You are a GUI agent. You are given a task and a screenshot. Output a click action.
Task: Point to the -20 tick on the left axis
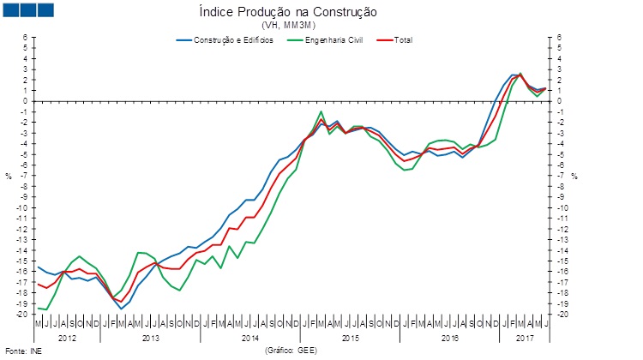point(26,314)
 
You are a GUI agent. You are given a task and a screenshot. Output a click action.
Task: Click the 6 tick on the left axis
point(26,38)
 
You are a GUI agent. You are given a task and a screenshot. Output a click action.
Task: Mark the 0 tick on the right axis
point(560,101)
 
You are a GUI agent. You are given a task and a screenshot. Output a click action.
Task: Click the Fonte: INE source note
point(23,351)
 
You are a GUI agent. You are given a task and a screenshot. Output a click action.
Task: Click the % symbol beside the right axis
point(575,176)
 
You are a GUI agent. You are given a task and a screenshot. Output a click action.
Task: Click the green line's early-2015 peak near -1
point(321,111)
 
